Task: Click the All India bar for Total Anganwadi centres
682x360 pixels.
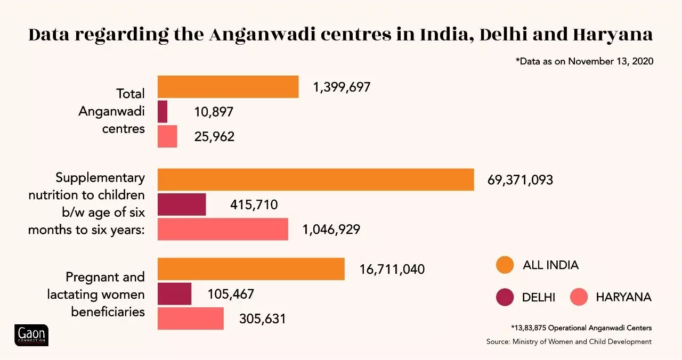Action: pyautogui.click(x=228, y=87)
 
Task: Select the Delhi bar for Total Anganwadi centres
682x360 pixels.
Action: pyautogui.click(x=163, y=112)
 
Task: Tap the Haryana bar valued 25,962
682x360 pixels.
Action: pyautogui.click(x=167, y=136)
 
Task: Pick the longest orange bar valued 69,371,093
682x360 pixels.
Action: pyautogui.click(x=315, y=179)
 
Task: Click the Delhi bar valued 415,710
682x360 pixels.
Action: pyautogui.click(x=182, y=204)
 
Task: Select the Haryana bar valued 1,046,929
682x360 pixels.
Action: pyautogui.click(x=223, y=229)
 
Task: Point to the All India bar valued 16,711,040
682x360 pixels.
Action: pyautogui.click(x=251, y=269)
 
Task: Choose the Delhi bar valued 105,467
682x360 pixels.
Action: pyautogui.click(x=175, y=293)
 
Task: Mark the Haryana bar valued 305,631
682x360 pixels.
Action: pyautogui.click(x=191, y=318)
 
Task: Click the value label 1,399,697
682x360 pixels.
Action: pyautogui.click(x=342, y=87)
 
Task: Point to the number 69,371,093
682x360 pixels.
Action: pyautogui.click(x=520, y=180)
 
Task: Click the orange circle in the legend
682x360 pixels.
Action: pyautogui.click(x=504, y=265)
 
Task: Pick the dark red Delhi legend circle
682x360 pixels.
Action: pyautogui.click(x=504, y=297)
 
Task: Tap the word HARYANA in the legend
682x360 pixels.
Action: pyautogui.click(x=623, y=297)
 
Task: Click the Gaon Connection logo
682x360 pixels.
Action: pyautogui.click(x=31, y=335)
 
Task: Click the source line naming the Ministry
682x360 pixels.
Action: pyautogui.click(x=569, y=341)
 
